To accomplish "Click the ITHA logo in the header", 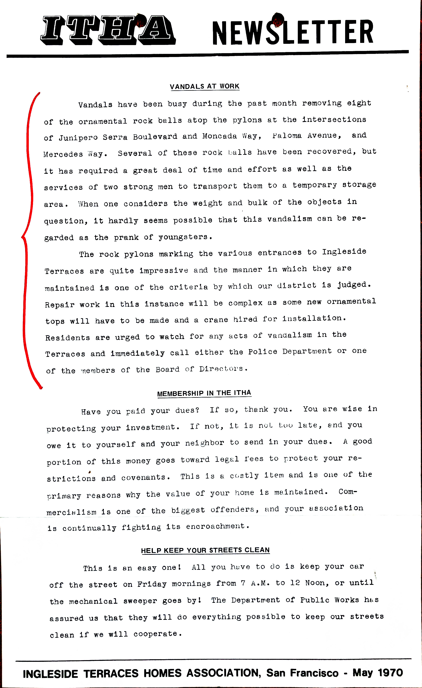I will [108, 30].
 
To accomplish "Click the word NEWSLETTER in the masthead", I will [293, 31].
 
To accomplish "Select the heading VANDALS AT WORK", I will [205, 86].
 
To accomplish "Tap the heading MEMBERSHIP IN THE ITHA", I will [204, 393].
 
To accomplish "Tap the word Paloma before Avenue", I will [287, 136].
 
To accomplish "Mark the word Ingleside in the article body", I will [344, 252].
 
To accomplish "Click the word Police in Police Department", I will [263, 352].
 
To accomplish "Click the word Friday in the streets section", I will [152, 584].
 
